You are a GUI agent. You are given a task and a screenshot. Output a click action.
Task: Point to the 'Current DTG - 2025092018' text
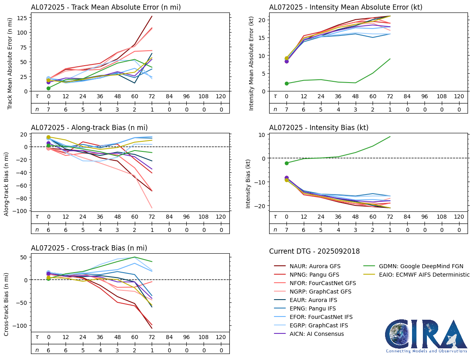click(314, 251)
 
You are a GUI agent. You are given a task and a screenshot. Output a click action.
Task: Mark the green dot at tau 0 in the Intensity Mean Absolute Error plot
click(286, 84)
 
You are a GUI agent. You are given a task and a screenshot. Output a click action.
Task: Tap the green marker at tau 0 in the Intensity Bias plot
click(286, 163)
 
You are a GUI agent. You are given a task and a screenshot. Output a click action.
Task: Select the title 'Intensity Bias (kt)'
click(319, 128)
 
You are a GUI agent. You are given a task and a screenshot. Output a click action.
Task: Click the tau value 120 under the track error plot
click(220, 97)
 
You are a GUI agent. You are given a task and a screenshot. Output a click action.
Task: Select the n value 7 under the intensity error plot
click(286, 109)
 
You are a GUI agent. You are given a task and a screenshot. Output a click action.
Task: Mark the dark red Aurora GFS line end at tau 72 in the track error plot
click(152, 16)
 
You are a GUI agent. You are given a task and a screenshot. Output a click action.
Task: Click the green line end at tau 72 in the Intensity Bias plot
click(390, 137)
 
